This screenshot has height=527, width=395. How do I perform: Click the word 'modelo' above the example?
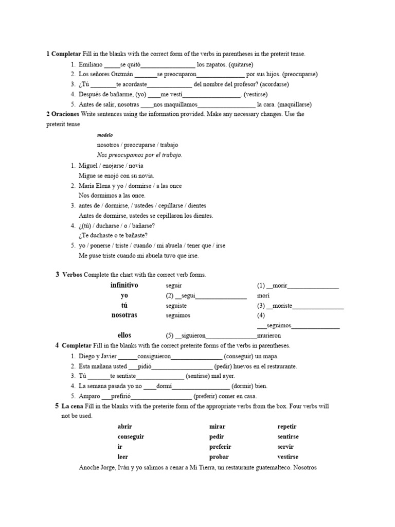point(104,135)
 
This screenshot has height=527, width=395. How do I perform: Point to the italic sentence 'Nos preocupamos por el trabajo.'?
point(139,155)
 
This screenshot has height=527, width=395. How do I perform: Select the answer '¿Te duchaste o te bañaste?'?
point(113,236)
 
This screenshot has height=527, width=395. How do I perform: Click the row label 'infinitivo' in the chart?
point(124,285)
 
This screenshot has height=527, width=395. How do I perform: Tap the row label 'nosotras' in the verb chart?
point(124,315)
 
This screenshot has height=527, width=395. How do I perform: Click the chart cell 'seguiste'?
point(177,305)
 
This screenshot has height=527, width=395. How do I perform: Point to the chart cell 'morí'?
point(263,295)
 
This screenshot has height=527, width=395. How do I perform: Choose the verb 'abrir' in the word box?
point(125,427)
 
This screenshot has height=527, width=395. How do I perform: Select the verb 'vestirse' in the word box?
point(288,456)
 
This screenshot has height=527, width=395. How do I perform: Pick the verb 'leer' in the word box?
point(123,456)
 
